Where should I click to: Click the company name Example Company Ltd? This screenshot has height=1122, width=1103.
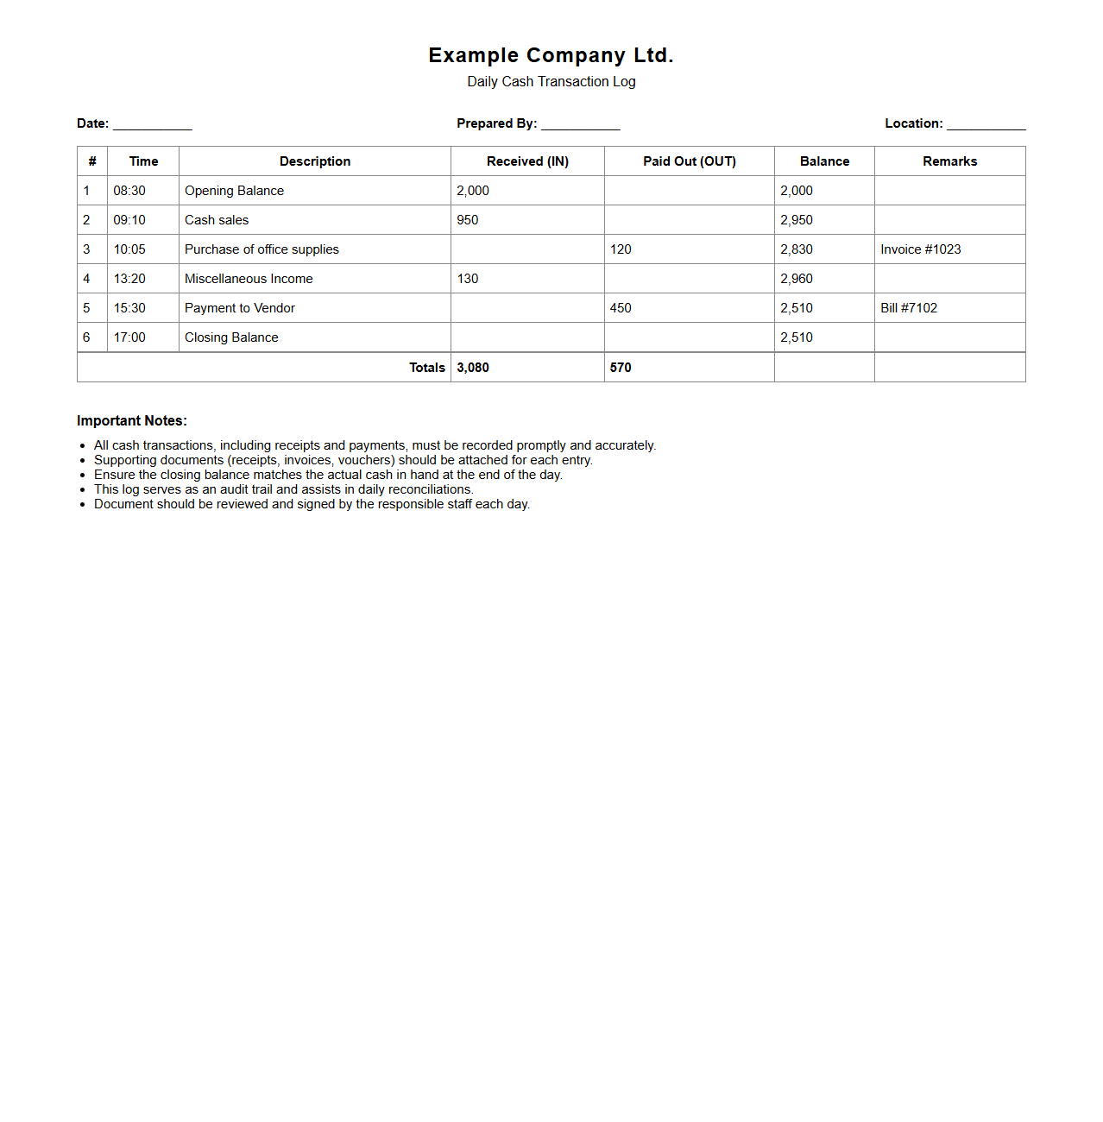point(551,55)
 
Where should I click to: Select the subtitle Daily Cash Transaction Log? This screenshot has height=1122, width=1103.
point(551,82)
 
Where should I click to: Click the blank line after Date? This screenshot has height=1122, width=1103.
point(153,125)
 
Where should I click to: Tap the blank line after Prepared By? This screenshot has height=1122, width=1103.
point(580,125)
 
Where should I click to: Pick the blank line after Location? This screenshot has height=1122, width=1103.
point(986,125)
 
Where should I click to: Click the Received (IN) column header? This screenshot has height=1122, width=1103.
point(527,161)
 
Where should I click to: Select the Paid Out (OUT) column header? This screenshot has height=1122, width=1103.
point(689,161)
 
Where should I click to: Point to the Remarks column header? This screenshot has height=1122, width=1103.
point(949,161)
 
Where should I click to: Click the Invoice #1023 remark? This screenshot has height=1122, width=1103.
point(920,249)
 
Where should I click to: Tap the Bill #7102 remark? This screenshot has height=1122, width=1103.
point(908,308)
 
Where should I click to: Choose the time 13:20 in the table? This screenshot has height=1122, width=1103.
point(129,279)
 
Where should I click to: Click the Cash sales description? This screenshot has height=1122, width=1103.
point(217,220)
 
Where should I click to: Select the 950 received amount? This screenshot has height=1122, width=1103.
point(467,220)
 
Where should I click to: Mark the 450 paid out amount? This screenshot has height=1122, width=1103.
point(621,308)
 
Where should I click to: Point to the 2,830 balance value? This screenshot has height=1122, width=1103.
point(796,249)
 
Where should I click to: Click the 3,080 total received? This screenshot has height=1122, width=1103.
point(473,368)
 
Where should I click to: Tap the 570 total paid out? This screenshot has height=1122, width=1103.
point(621,368)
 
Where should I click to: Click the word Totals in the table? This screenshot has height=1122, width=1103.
point(426,368)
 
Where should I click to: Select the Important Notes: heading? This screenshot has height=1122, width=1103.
point(132,421)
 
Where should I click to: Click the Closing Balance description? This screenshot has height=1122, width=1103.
point(231,337)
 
